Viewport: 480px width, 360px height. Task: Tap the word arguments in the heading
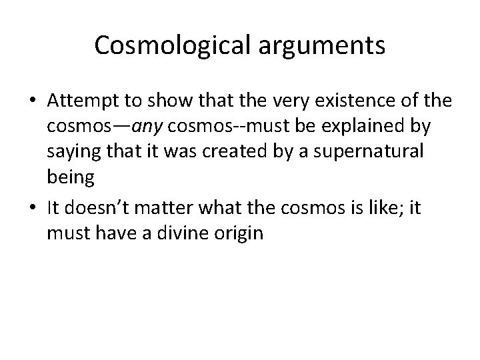(318, 45)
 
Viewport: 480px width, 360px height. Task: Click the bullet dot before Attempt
(31, 102)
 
